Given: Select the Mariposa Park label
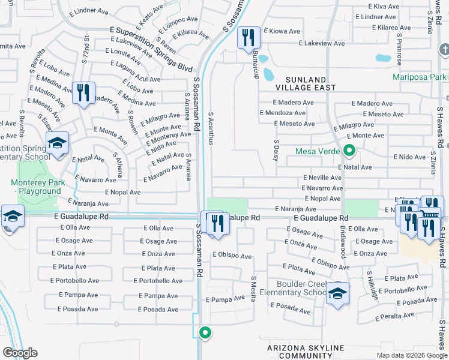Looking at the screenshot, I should tap(420, 77).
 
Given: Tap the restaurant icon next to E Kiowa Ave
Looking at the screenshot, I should tap(248, 38).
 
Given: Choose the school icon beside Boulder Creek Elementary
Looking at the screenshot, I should tap(337, 295).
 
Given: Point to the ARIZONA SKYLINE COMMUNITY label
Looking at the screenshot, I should tap(306, 352).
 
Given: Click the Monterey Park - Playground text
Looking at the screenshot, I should tap(35, 187).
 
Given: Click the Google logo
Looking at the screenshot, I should tap(20, 352).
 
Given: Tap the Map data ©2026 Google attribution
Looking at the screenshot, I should tap(411, 355).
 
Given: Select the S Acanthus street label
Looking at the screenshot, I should tap(211, 128).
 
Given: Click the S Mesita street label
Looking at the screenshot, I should tap(253, 289).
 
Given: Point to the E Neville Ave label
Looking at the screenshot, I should tap(322, 178).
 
